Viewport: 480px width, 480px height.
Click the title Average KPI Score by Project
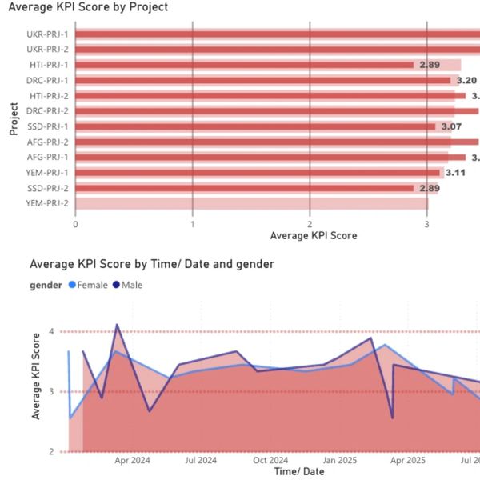(x=87, y=7)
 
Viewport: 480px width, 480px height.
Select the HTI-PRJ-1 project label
(x=49, y=65)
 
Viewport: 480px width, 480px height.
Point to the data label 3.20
(x=466, y=81)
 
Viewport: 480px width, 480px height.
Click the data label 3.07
(x=451, y=126)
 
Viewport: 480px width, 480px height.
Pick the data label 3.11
(x=455, y=173)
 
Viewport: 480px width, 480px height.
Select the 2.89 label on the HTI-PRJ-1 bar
(x=430, y=65)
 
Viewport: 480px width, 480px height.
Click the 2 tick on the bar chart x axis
(x=310, y=224)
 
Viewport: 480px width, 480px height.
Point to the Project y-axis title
(x=14, y=118)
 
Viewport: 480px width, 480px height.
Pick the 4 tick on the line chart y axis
(x=51, y=331)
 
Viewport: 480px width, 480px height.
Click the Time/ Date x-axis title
(x=299, y=472)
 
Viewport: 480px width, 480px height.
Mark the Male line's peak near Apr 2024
(x=117, y=325)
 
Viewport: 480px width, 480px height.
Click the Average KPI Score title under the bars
(x=314, y=236)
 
